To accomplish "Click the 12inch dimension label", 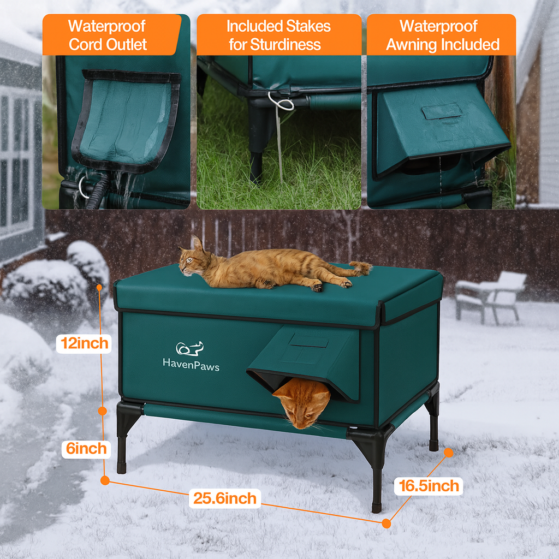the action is pos(84,343).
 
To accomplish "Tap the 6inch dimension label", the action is pos(86,449).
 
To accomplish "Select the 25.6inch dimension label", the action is pos(224,498).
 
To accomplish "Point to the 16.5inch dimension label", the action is pos(429,486).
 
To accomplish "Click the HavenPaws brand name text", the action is pos(191,365).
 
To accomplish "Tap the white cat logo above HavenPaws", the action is pos(189,348).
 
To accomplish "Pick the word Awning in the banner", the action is pos(412,45).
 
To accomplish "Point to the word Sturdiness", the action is pos(285,45).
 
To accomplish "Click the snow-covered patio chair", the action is pos(490,297).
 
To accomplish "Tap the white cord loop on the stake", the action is pos(281,101).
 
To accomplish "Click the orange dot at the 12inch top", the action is pos(99,287).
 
